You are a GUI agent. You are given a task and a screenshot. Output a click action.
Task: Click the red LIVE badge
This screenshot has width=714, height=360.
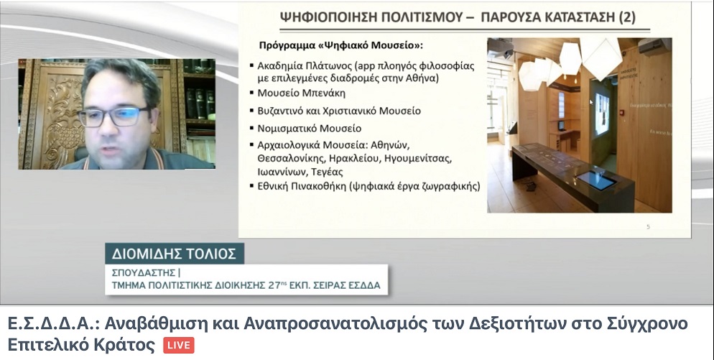tap(179, 346)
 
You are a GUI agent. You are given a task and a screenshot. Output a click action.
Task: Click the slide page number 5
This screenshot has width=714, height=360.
tap(649, 227)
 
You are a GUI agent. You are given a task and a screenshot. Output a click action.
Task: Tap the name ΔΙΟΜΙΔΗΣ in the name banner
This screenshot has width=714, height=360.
tap(147, 254)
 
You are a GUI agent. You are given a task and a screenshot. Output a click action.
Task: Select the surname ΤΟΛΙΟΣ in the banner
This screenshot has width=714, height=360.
tap(212, 254)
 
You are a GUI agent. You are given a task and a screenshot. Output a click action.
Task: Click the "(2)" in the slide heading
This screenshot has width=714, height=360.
tap(626, 17)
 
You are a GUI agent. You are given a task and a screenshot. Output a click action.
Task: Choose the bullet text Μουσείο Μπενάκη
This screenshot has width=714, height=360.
tap(302, 93)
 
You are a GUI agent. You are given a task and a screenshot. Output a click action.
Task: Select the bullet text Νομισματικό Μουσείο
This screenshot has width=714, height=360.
tap(310, 129)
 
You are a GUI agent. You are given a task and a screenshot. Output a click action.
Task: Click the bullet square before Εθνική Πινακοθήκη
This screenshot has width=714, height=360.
tap(252, 185)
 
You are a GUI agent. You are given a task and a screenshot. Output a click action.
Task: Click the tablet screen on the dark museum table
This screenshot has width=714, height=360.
tap(596, 180)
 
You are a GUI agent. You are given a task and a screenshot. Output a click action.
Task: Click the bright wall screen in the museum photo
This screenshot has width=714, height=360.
tap(601, 115)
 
